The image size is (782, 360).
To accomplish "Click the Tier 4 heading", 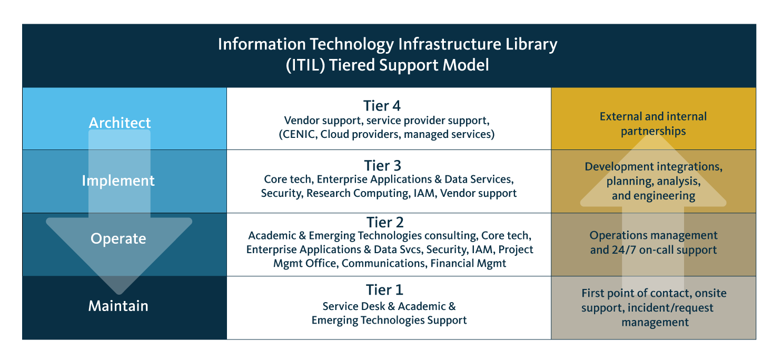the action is point(382,106).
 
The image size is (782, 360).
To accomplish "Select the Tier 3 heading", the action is point(383,165).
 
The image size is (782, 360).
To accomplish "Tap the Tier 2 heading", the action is point(385,222).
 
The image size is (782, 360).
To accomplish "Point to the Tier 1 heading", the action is point(384,289).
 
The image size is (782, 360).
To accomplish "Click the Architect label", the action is point(120,123).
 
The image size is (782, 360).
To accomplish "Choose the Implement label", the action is point(118,181).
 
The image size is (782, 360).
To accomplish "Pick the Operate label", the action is point(118,239).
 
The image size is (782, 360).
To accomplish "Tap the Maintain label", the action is point(118,306).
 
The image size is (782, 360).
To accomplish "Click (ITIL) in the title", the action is point(305,65).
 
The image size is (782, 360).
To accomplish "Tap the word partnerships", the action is point(653,132).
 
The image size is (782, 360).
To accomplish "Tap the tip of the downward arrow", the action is point(119,294).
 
